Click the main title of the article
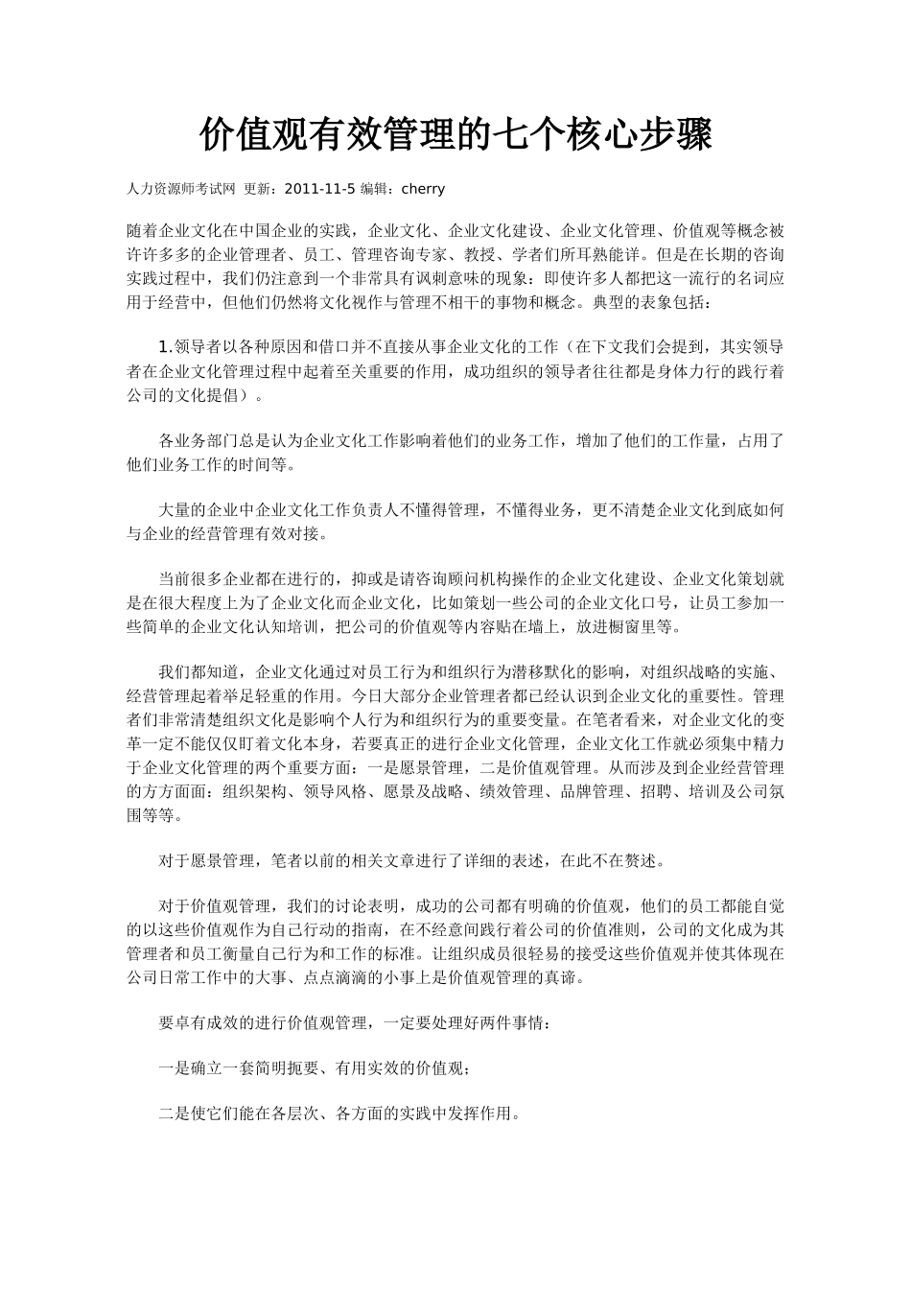455,135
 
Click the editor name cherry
423,189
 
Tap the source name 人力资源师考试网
181,189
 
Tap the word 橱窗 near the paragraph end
624,627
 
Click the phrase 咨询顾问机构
446,579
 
